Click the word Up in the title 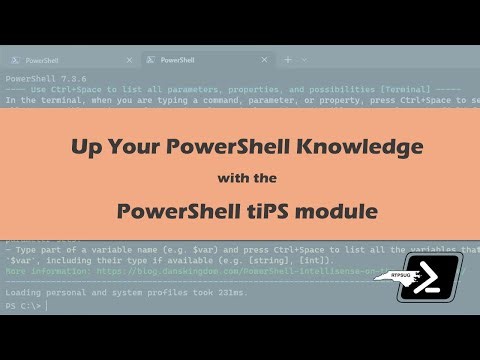[x=86, y=147]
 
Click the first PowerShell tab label [x=41, y=60]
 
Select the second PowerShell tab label [x=177, y=60]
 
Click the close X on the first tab [x=127, y=60]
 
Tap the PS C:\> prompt [x=23, y=306]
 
